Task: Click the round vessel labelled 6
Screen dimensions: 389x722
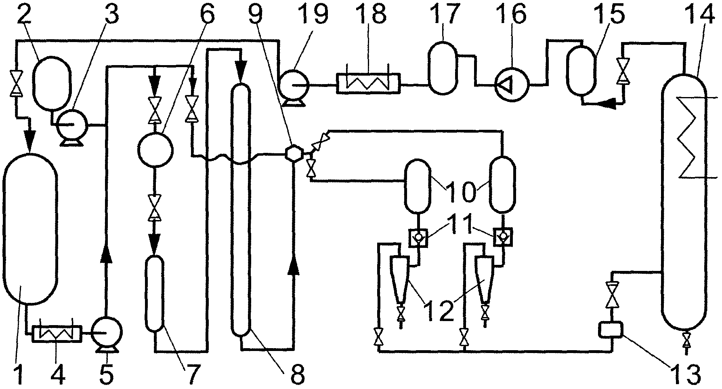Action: [155, 150]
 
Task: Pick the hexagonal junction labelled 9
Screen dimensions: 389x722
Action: [292, 153]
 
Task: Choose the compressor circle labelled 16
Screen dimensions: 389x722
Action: [512, 84]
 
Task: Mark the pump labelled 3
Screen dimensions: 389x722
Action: [71, 125]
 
